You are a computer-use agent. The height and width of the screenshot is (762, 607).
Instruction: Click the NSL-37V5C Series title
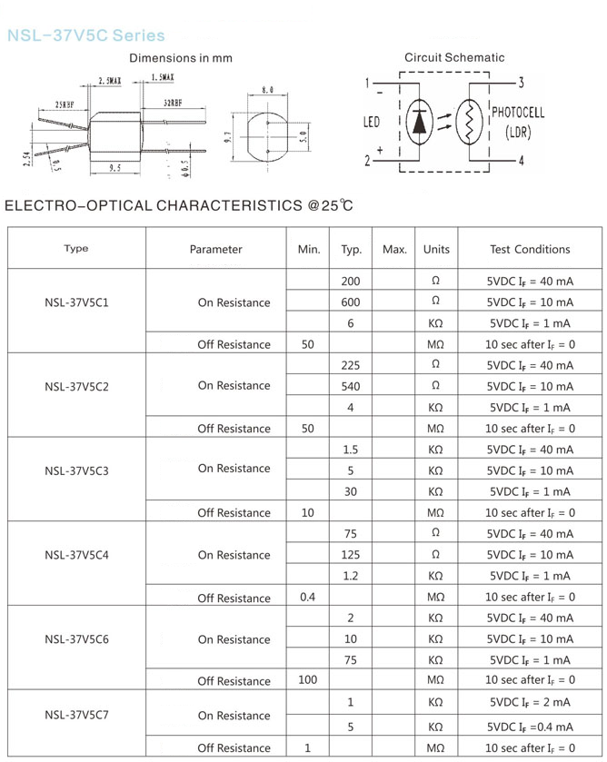click(85, 35)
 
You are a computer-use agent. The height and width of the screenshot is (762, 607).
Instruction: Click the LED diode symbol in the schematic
click(418, 124)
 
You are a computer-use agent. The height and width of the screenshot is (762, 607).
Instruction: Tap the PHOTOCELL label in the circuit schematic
click(518, 113)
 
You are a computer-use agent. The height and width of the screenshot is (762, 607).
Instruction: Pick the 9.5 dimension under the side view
click(115, 169)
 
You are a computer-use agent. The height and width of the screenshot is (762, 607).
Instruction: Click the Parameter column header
click(216, 249)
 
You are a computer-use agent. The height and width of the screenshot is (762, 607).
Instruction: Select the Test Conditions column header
click(530, 249)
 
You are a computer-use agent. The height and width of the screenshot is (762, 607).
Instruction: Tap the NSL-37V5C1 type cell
click(76, 302)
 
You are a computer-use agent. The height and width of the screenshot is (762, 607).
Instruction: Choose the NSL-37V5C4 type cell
click(76, 555)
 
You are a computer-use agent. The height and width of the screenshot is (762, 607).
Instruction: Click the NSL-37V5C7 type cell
click(76, 715)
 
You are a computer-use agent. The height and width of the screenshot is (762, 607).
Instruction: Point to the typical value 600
click(351, 302)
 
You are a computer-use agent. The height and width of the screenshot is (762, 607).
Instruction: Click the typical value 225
click(351, 365)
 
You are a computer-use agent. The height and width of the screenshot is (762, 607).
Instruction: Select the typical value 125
click(351, 554)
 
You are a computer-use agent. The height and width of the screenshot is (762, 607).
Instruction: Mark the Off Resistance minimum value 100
click(307, 680)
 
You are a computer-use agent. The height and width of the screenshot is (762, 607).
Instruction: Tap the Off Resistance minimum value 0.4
click(307, 597)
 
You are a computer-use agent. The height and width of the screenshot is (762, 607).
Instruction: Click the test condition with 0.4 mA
click(530, 727)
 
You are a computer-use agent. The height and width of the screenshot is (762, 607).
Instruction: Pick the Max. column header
click(394, 249)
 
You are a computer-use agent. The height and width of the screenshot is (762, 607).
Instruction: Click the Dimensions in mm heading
click(181, 58)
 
